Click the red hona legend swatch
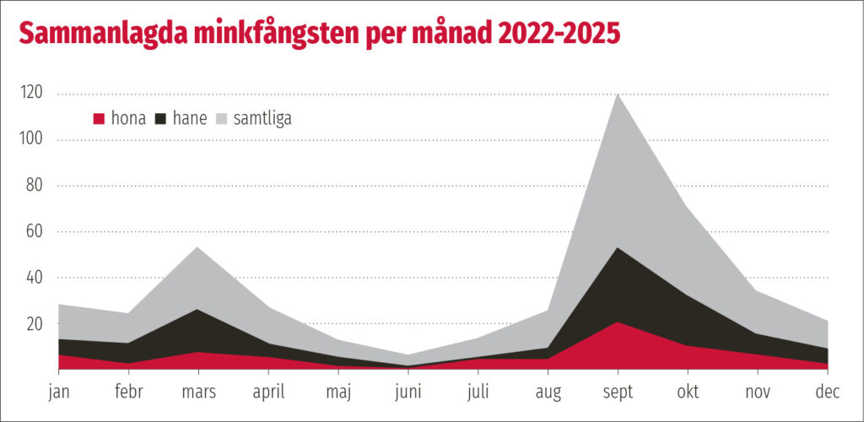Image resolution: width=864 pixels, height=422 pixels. click(99, 119)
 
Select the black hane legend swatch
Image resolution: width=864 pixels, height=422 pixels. click(160, 119)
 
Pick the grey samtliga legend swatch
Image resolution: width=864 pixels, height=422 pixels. click(224, 119)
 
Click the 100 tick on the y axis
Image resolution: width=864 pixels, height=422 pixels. click(32, 139)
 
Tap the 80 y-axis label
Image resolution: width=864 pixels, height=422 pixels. click(35, 186)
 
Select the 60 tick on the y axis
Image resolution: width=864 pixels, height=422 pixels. click(35, 231)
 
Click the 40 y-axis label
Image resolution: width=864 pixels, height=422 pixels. click(35, 278)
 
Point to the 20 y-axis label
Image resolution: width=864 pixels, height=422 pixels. click(35, 323)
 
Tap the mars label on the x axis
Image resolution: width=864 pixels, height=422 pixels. click(198, 392)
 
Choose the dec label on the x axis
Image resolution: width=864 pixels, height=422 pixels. click(828, 392)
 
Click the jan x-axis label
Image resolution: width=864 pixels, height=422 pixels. click(59, 392)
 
